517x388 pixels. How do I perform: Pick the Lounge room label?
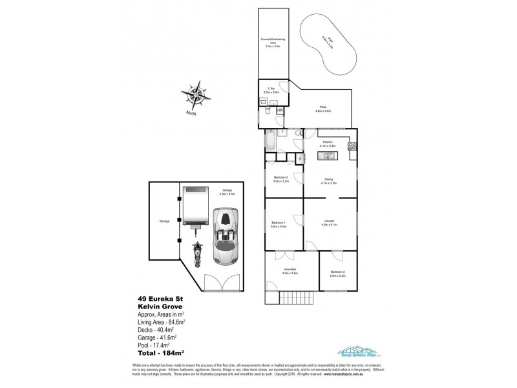tap(330, 223)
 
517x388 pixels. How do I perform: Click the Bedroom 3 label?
tap(338, 274)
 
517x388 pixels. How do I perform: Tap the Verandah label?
tap(290, 272)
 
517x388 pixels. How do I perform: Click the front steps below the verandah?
tap(295, 298)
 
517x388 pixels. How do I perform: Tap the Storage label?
tap(164, 222)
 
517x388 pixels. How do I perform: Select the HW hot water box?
tap(280, 111)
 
